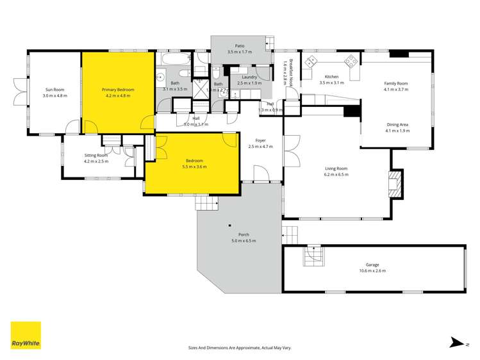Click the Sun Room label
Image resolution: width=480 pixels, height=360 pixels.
54,89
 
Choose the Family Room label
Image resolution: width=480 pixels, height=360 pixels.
396,83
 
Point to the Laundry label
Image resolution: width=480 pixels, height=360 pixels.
249,78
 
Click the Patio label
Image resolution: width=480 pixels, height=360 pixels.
240,45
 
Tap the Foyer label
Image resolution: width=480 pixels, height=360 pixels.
260,141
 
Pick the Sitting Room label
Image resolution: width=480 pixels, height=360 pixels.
96,155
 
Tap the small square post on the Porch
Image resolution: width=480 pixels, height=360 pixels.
229,225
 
